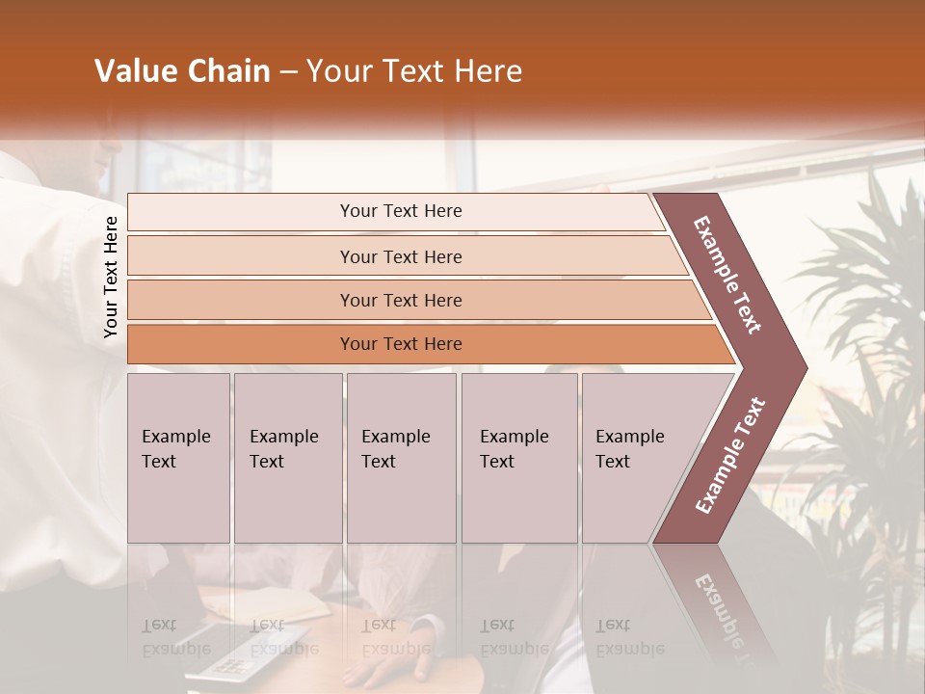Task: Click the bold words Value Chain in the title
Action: pyautogui.click(x=182, y=71)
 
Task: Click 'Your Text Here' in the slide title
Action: pyautogui.click(x=414, y=71)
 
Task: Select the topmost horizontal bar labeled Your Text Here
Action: pyautogui.click(x=401, y=211)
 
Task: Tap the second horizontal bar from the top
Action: pyautogui.click(x=401, y=256)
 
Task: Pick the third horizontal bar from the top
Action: pyautogui.click(x=401, y=300)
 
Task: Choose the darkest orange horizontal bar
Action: pyautogui.click(x=401, y=344)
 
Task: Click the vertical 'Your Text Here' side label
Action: pyautogui.click(x=111, y=278)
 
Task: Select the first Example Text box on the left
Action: pyautogui.click(x=178, y=458)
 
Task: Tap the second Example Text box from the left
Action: pyautogui.click(x=287, y=458)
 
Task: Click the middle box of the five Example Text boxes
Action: pyautogui.click(x=400, y=458)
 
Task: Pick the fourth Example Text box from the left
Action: pyautogui.click(x=518, y=458)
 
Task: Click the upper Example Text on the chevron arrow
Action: pyautogui.click(x=727, y=275)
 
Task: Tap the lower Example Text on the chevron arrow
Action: pyautogui.click(x=729, y=456)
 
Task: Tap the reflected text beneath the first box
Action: pyautogui.click(x=175, y=637)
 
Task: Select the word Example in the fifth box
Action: pyautogui.click(x=629, y=437)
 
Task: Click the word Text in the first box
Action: pyautogui.click(x=159, y=462)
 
